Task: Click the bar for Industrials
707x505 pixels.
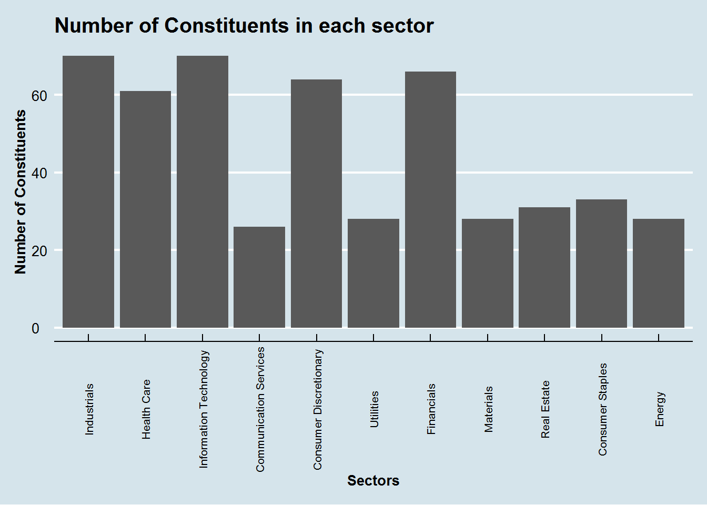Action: point(88,192)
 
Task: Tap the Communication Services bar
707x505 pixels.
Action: point(259,277)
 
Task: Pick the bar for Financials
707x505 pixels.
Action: point(430,200)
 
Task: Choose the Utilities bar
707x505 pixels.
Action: point(373,274)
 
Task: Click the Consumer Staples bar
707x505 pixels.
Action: point(601,264)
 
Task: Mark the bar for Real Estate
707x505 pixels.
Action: point(544,268)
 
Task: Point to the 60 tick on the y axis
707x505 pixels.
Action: point(39,96)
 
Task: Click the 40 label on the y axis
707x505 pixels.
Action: point(39,173)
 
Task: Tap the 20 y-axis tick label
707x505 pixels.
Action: point(39,251)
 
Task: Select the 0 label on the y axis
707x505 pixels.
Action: point(35,328)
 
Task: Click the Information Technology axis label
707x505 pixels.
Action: point(204,409)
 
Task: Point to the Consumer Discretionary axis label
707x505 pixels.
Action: point(318,409)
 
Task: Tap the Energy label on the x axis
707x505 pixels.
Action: point(660,409)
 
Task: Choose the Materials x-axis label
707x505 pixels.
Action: point(489,409)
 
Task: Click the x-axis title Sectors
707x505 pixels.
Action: point(373,481)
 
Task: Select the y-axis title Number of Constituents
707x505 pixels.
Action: point(21,192)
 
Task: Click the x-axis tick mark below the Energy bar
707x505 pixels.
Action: point(659,337)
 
